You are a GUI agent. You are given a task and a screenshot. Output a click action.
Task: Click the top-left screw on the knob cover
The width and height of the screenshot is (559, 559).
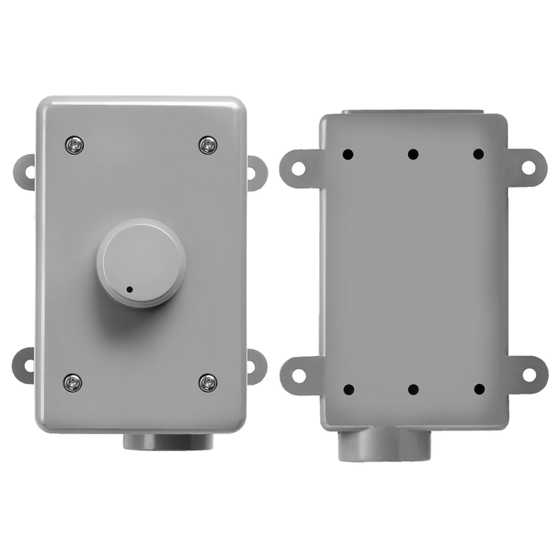73,145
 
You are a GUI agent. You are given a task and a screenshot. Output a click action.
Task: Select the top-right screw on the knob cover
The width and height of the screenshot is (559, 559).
208,145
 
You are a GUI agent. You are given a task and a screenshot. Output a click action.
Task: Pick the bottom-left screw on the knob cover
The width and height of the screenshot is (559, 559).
73,382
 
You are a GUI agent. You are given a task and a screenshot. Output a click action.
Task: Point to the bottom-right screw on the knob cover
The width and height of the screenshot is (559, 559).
208,382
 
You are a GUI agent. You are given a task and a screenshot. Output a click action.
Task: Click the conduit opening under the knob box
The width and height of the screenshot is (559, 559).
168,440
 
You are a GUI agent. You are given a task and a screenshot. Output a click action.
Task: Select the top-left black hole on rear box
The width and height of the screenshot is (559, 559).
348,154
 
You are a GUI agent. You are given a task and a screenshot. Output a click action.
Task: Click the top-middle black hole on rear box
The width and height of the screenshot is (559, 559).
413,154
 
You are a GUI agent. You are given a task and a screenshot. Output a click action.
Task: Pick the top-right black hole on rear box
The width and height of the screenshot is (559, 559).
478,154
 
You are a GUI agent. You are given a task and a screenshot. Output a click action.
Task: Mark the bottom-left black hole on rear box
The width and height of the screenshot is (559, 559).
348,390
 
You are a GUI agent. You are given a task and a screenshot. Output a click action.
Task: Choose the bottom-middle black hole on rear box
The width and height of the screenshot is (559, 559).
413,390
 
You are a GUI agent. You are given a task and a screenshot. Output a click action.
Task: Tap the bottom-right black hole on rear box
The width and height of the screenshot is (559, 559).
478,390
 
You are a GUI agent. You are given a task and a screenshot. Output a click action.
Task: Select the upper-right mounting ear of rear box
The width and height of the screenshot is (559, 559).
527,168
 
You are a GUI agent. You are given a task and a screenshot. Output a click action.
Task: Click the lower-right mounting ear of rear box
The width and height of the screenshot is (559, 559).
527,374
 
